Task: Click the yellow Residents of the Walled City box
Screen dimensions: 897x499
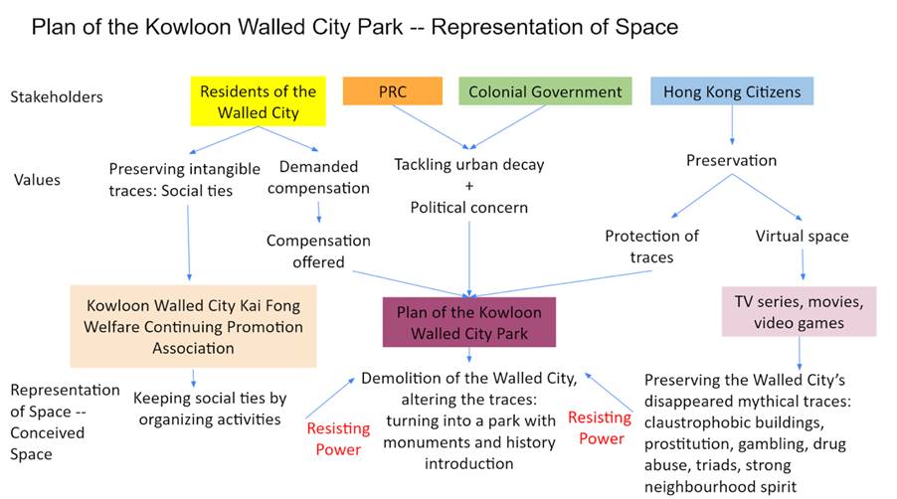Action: [x=258, y=101]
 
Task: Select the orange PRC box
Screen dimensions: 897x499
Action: [x=393, y=91]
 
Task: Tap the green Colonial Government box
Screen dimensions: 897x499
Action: [x=545, y=91]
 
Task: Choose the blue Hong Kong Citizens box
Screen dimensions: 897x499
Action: [x=732, y=91]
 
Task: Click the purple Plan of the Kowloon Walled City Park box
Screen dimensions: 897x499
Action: [x=469, y=322]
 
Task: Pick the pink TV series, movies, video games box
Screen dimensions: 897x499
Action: [x=800, y=311]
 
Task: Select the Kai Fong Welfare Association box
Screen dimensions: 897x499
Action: [x=193, y=326]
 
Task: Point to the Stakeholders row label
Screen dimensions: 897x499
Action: [x=57, y=96]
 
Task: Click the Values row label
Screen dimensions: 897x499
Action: [x=37, y=180]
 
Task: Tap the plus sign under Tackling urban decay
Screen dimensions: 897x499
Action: [x=469, y=186]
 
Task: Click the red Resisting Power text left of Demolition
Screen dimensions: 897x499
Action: [x=338, y=438]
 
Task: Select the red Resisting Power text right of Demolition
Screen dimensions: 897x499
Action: [x=600, y=427]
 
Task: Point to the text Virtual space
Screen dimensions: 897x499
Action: [x=803, y=236]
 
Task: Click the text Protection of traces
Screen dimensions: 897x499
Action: [x=651, y=247]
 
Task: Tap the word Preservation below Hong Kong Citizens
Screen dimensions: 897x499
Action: [x=732, y=160]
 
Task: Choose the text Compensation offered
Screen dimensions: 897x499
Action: [x=318, y=250]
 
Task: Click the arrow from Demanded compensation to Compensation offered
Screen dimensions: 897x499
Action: [x=318, y=212]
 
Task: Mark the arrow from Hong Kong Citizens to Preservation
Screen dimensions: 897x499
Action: [x=732, y=124]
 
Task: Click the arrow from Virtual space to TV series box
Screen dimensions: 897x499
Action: [x=803, y=264]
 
